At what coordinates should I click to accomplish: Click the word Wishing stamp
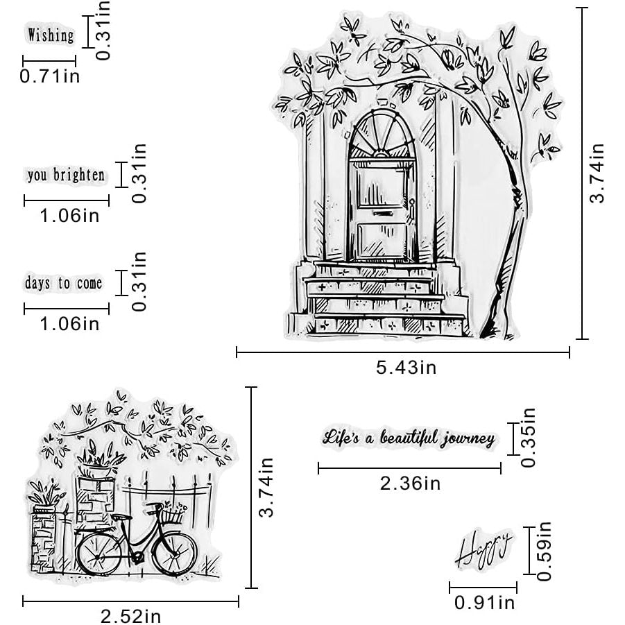click(51, 35)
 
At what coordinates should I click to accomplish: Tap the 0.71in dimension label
click(50, 76)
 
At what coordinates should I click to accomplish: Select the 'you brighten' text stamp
click(66, 175)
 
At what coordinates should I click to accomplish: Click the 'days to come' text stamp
click(64, 283)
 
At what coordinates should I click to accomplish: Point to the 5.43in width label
click(406, 367)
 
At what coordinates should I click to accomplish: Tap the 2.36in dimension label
click(410, 483)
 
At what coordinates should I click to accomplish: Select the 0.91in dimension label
click(485, 602)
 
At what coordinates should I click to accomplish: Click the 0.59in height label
click(544, 551)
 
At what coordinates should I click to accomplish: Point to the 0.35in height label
click(528, 437)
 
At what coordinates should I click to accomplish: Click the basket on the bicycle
click(172, 515)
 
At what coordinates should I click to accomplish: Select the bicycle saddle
click(121, 517)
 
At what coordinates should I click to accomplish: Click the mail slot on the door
click(383, 214)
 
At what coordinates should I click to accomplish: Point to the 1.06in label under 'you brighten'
click(70, 216)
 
